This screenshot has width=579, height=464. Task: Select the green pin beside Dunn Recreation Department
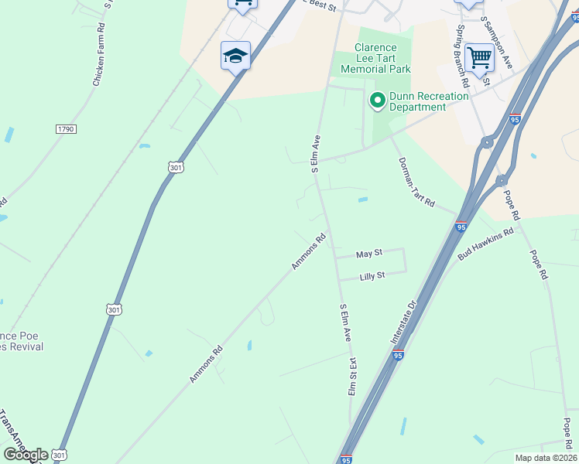coord(378,100)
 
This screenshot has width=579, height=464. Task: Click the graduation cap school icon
coord(235,56)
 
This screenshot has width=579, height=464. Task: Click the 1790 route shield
coord(66,129)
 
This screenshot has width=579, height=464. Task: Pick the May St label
coord(369,254)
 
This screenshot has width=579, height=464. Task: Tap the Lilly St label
coord(372,275)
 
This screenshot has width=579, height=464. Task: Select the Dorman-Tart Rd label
coord(416,182)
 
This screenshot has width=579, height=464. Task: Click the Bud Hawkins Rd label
coord(486,243)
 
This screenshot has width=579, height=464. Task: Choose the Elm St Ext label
coord(352,376)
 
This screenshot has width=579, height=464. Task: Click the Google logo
coord(26,454)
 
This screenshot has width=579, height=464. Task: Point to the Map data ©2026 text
coord(546,458)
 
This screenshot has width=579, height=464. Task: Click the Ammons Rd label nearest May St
coord(309,252)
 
